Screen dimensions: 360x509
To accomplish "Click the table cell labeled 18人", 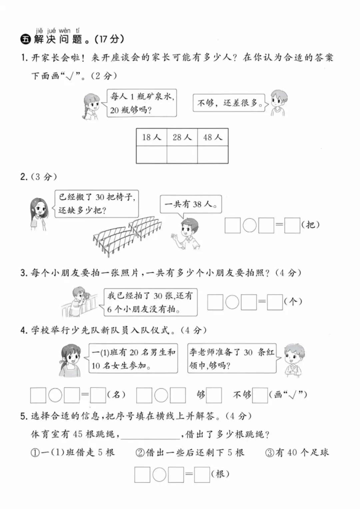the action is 151,137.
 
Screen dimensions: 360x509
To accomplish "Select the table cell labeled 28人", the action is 182,137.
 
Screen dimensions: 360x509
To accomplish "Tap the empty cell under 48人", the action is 213,155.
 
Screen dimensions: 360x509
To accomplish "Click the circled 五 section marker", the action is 25,39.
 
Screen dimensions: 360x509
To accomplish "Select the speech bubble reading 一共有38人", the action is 191,204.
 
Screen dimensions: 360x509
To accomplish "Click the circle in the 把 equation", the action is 249,225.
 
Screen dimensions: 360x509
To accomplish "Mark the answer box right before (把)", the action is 292,225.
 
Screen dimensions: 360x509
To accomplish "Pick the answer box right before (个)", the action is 275,302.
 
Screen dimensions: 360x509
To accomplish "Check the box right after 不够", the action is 260,395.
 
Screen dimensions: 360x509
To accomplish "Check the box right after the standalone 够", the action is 214,395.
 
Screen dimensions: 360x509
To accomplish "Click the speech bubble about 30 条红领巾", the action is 232,358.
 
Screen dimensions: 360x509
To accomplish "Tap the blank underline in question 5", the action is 150,435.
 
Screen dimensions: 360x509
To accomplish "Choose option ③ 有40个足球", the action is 297,453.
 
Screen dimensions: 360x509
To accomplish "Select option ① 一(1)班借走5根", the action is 73,453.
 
